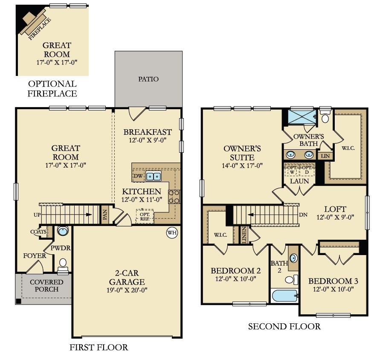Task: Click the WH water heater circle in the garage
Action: [172, 232]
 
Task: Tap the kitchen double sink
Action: [154, 176]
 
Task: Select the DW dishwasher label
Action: [138, 176]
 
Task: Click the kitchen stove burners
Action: [174, 197]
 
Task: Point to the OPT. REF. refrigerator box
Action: [145, 216]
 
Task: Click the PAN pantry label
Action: [105, 215]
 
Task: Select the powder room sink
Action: [63, 231]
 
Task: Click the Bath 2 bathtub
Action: [285, 296]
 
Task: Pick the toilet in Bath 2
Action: [291, 280]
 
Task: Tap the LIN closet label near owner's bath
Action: [325, 156]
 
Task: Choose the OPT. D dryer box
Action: [307, 170]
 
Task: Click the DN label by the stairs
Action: [303, 215]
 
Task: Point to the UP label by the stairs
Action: [37, 215]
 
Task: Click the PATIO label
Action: [148, 79]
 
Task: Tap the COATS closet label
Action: [38, 232]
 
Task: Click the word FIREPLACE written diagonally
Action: [40, 29]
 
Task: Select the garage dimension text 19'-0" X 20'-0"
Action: [127, 290]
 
